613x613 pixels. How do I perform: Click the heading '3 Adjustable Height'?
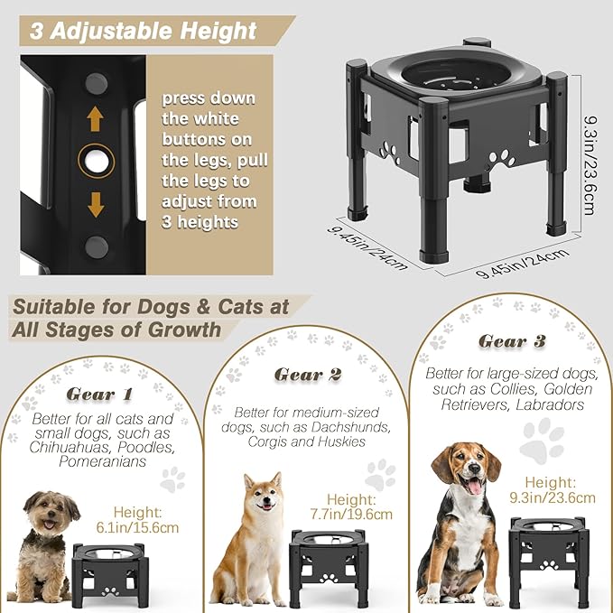(x=143, y=31)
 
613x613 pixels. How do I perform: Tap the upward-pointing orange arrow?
(x=97, y=119)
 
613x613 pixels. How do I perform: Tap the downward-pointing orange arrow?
(x=97, y=207)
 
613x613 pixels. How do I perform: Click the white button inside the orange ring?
(x=96, y=163)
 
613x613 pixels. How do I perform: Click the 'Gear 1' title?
(x=99, y=395)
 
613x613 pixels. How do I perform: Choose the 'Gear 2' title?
(x=307, y=374)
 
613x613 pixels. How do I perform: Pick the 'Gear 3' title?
(x=513, y=341)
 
